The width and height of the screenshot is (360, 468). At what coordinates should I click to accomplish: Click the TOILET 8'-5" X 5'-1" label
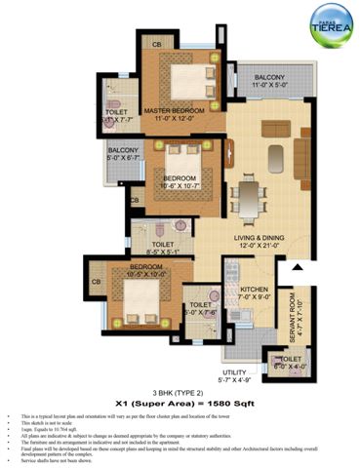[x=163, y=250]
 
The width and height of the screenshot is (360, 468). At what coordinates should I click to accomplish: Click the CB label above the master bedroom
[x=156, y=44]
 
